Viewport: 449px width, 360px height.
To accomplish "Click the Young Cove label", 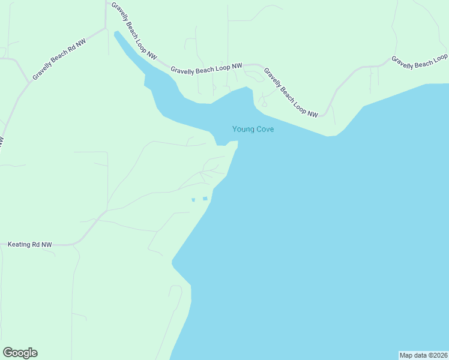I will (253, 129).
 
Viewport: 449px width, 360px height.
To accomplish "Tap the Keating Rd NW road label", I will (29, 245).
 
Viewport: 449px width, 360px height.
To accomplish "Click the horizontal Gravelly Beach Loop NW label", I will (206, 68).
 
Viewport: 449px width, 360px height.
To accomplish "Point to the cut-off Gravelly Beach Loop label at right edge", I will (420, 61).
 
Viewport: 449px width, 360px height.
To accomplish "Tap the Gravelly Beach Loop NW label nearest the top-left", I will (133, 31).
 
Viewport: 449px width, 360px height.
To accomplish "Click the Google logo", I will (20, 353).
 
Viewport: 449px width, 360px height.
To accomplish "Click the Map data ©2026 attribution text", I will (423, 355).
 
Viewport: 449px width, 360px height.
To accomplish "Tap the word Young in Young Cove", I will (243, 129).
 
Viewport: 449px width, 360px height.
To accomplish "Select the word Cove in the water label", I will (265, 129).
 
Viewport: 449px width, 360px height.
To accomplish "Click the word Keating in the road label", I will (19, 245).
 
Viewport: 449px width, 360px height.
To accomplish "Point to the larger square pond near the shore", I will (205, 199).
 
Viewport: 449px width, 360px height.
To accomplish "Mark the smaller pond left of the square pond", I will (193, 200).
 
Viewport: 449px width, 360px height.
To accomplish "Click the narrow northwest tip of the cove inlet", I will (117, 34).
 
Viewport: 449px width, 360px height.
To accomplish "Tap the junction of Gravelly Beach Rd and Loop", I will (106, 28).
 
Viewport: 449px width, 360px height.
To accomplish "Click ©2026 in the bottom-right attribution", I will (436, 355).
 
